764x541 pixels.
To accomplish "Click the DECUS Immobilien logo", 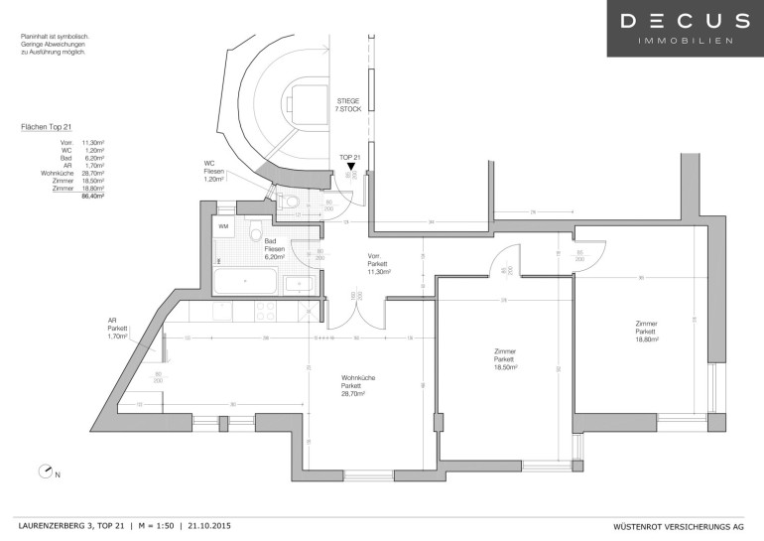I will [x=686, y=28].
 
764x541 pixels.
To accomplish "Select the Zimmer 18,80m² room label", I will [x=647, y=332].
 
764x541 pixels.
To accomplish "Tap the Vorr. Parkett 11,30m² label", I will [x=379, y=263].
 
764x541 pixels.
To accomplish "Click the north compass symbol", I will [x=45, y=472].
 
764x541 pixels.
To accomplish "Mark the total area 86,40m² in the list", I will [x=92, y=197].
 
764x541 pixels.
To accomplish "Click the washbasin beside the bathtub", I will [x=299, y=284].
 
